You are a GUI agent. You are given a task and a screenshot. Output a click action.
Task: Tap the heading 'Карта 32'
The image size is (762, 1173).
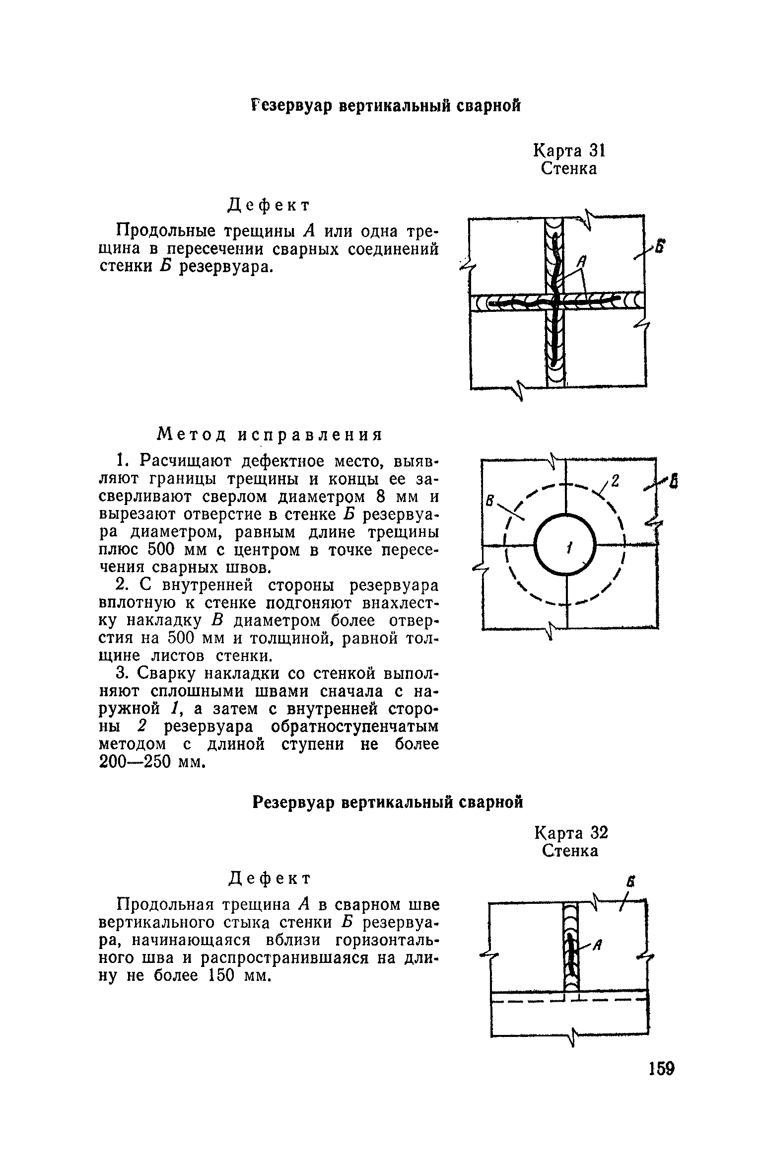pos(571,833)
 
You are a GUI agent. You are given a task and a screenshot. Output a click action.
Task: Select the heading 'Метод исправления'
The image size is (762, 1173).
pos(270,435)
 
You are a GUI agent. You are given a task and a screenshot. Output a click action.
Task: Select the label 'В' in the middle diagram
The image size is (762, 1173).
pos(489,502)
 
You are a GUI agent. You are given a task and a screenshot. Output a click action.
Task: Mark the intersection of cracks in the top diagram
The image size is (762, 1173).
pos(556,301)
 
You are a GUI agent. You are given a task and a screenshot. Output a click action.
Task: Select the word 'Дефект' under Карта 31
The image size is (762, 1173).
pos(269,205)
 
